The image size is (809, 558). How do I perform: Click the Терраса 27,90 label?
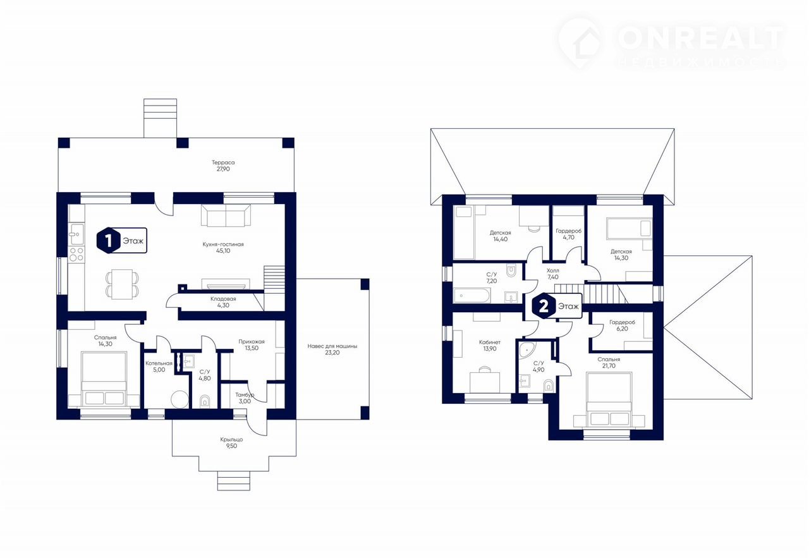(x=223, y=166)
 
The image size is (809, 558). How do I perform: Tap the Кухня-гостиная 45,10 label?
(x=223, y=247)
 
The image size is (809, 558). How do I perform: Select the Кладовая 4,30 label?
(x=223, y=302)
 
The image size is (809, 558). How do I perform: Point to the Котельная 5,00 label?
(x=159, y=367)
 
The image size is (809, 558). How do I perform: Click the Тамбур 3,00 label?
(x=245, y=398)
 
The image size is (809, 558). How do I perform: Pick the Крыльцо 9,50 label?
(x=231, y=443)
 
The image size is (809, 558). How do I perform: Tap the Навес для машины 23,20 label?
(x=332, y=349)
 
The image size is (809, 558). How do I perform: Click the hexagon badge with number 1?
(x=108, y=240)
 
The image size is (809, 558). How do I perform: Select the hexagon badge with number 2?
(x=544, y=306)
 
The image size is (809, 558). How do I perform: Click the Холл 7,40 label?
(x=553, y=274)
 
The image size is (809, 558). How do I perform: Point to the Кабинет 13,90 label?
(x=490, y=345)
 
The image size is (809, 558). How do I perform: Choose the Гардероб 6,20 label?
(x=622, y=325)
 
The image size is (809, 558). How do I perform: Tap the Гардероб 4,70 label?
(x=568, y=234)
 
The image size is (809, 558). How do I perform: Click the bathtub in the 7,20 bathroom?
(x=471, y=296)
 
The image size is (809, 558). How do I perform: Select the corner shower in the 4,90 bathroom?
(x=527, y=349)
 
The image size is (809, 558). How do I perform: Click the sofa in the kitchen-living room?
(x=226, y=215)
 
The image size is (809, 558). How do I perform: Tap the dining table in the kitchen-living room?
(x=122, y=284)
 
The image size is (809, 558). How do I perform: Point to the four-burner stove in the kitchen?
(x=76, y=254)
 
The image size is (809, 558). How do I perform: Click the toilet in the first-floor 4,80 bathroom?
(x=204, y=401)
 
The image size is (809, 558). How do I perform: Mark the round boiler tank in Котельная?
(x=179, y=400)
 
